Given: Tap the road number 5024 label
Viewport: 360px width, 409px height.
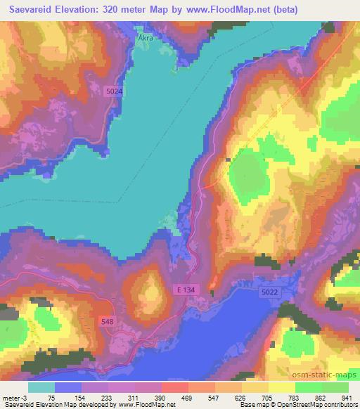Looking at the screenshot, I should click(x=115, y=91).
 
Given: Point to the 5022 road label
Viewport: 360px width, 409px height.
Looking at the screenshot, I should click(x=270, y=292).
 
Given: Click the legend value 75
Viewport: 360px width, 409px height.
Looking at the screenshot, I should click(x=52, y=397).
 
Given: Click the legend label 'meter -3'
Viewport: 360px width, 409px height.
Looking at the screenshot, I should click(x=15, y=397).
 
